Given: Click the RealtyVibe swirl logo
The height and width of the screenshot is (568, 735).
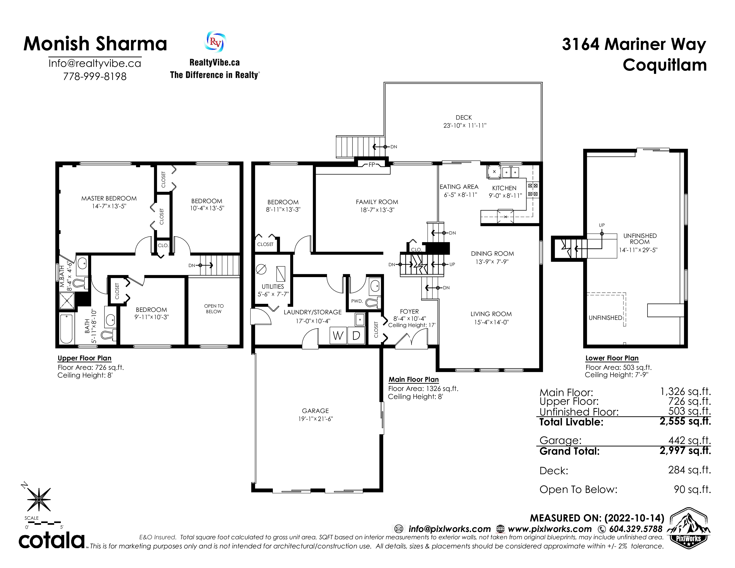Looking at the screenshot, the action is pos(215,42).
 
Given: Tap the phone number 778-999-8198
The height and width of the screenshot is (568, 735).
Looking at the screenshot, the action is pos(95,76).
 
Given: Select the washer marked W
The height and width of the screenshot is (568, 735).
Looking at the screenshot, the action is pos(338,335).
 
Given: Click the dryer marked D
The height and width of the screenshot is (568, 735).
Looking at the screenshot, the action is pos(356,335).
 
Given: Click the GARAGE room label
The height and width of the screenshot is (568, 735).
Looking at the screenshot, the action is pos(315,411).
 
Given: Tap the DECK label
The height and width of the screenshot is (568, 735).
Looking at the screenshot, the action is pos(464,117).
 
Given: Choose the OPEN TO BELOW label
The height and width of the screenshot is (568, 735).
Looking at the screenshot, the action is pos(214,309).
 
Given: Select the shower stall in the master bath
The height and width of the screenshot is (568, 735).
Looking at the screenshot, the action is pos(67,300).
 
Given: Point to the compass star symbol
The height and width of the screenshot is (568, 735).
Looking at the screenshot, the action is pos(38,499).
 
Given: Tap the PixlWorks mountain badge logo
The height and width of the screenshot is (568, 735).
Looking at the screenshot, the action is pos(688,528).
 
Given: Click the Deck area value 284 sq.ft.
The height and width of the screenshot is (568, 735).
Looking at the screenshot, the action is pos(689,470).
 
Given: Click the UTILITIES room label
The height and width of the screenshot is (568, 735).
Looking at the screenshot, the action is pos(273,287).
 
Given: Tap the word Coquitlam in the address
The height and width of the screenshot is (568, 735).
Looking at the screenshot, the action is pos(665,65).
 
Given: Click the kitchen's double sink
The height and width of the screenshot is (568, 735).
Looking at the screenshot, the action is pos(510,172).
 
